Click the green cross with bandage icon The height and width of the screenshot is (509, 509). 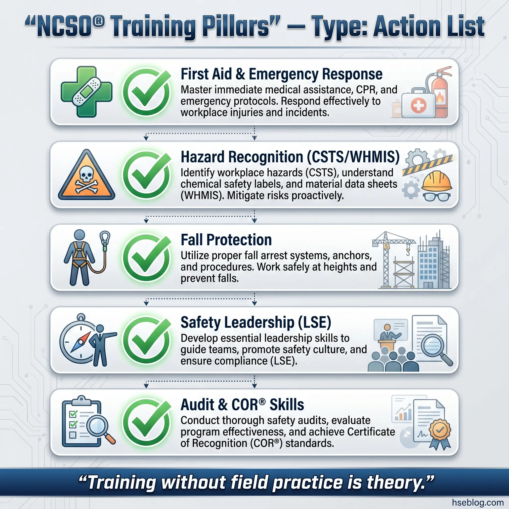86,92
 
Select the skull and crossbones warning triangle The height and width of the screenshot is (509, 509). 86,175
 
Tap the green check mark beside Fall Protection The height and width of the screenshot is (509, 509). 147,258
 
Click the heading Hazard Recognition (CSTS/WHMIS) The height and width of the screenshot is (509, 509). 290,157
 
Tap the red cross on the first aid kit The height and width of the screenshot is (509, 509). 418,105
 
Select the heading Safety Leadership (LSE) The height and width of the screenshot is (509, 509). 256,322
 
